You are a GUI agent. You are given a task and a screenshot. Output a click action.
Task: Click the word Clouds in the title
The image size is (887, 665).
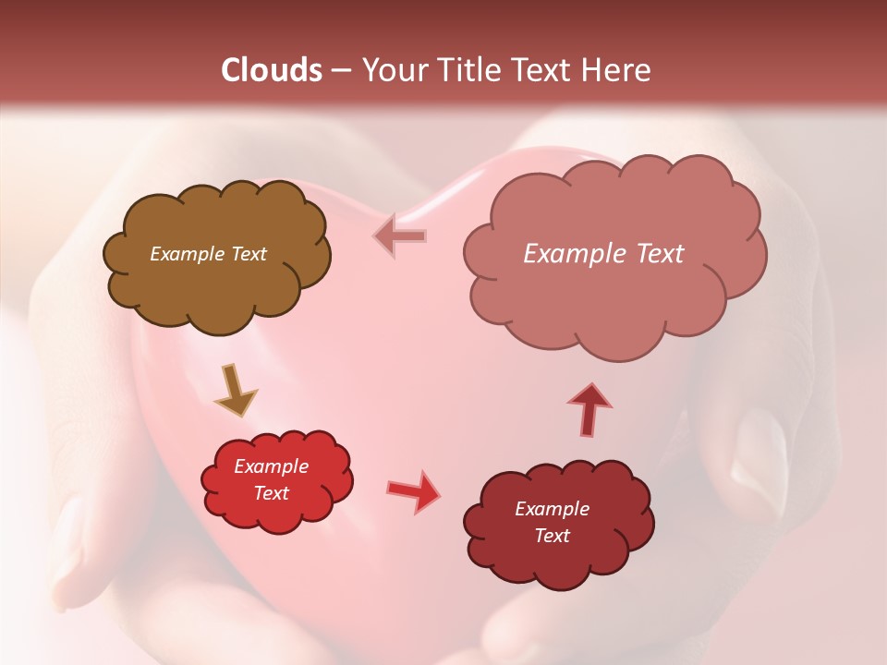272,70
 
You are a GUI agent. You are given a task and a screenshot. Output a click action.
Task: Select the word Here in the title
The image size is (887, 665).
616,70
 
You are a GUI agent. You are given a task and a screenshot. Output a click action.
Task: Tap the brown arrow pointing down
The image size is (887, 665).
235,391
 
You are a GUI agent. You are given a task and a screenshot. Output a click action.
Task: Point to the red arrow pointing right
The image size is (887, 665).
413,491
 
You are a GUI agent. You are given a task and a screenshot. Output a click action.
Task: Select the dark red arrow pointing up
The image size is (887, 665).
589,408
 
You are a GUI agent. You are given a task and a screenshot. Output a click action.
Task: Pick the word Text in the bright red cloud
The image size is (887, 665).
272,493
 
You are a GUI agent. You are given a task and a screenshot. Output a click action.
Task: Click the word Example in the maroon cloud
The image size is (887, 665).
552,509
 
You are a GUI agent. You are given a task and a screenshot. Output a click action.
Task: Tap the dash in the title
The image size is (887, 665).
340,71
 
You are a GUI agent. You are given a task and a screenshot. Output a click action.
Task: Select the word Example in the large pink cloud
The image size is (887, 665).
570,254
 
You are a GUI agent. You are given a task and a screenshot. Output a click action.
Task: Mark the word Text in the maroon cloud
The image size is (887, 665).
552,536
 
